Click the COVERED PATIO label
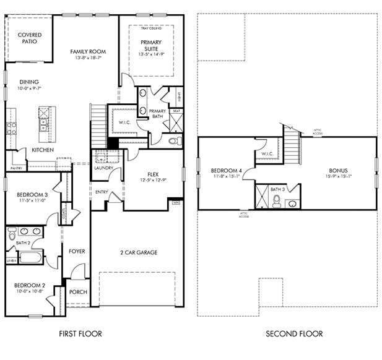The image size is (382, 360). pyautogui.click(x=30, y=38)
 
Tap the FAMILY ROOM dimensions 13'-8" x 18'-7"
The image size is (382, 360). pyautogui.click(x=87, y=58)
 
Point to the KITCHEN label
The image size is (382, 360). pyautogui.click(x=43, y=150)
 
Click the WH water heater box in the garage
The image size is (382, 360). pyautogui.click(x=176, y=202)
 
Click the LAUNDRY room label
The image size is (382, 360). pyautogui.click(x=103, y=168)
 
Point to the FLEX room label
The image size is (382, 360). pyautogui.click(x=154, y=174)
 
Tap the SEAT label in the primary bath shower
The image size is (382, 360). pyautogui.click(x=176, y=111)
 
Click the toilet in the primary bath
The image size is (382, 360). pyautogui.click(x=174, y=141)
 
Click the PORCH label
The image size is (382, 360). pyautogui.click(x=78, y=292)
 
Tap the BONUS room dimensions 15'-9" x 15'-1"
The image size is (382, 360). pyautogui.click(x=337, y=177)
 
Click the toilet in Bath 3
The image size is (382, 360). pyautogui.click(x=277, y=200)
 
